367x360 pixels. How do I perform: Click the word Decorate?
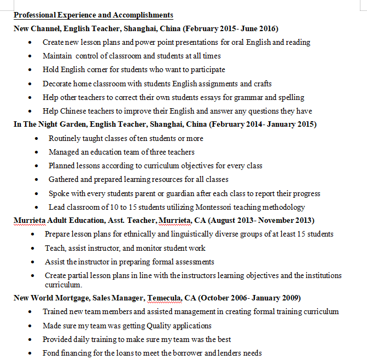coord(58,84)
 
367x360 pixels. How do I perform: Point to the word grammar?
coord(247,97)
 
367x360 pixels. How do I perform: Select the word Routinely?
coord(65,138)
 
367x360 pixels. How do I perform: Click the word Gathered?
coord(63,179)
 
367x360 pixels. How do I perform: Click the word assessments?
coord(193,262)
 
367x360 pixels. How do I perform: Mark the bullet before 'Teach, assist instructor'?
coord(33,248)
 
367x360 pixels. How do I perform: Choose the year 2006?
coord(244,298)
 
